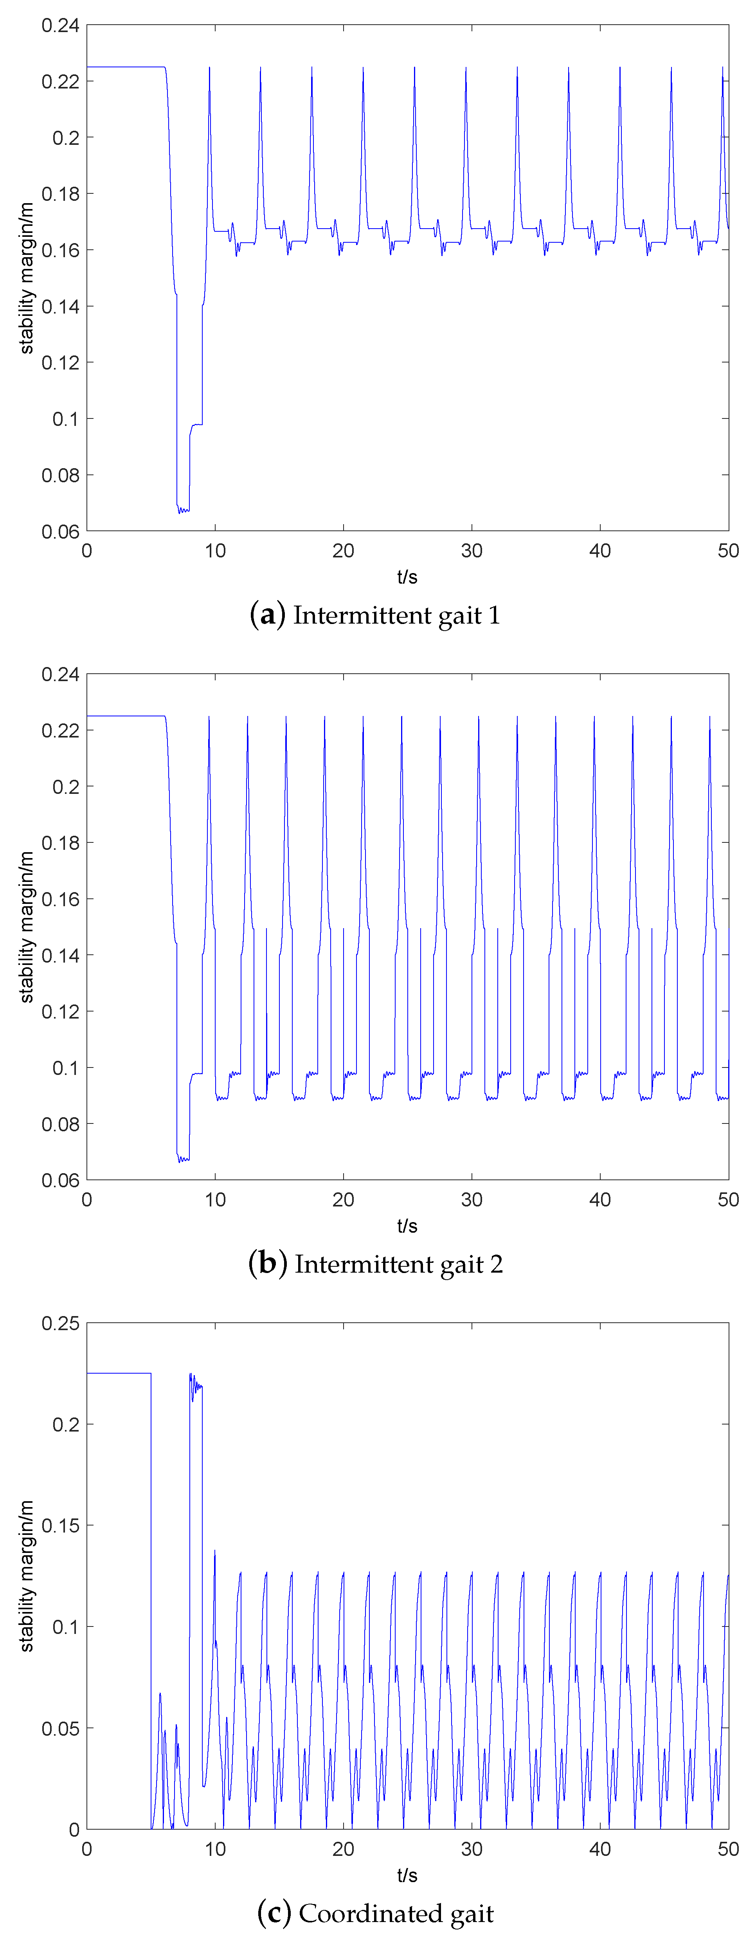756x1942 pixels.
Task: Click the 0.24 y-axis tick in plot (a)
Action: tap(60, 25)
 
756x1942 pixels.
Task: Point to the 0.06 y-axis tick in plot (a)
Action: tap(60, 532)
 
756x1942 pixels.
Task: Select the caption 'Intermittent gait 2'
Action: tap(398, 1264)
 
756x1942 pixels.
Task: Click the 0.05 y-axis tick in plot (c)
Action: tap(60, 1728)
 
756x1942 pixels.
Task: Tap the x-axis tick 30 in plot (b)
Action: tap(472, 1199)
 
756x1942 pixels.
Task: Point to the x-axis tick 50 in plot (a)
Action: tap(728, 551)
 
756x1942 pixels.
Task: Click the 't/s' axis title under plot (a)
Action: tap(407, 577)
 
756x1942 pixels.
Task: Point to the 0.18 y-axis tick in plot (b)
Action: tap(60, 843)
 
